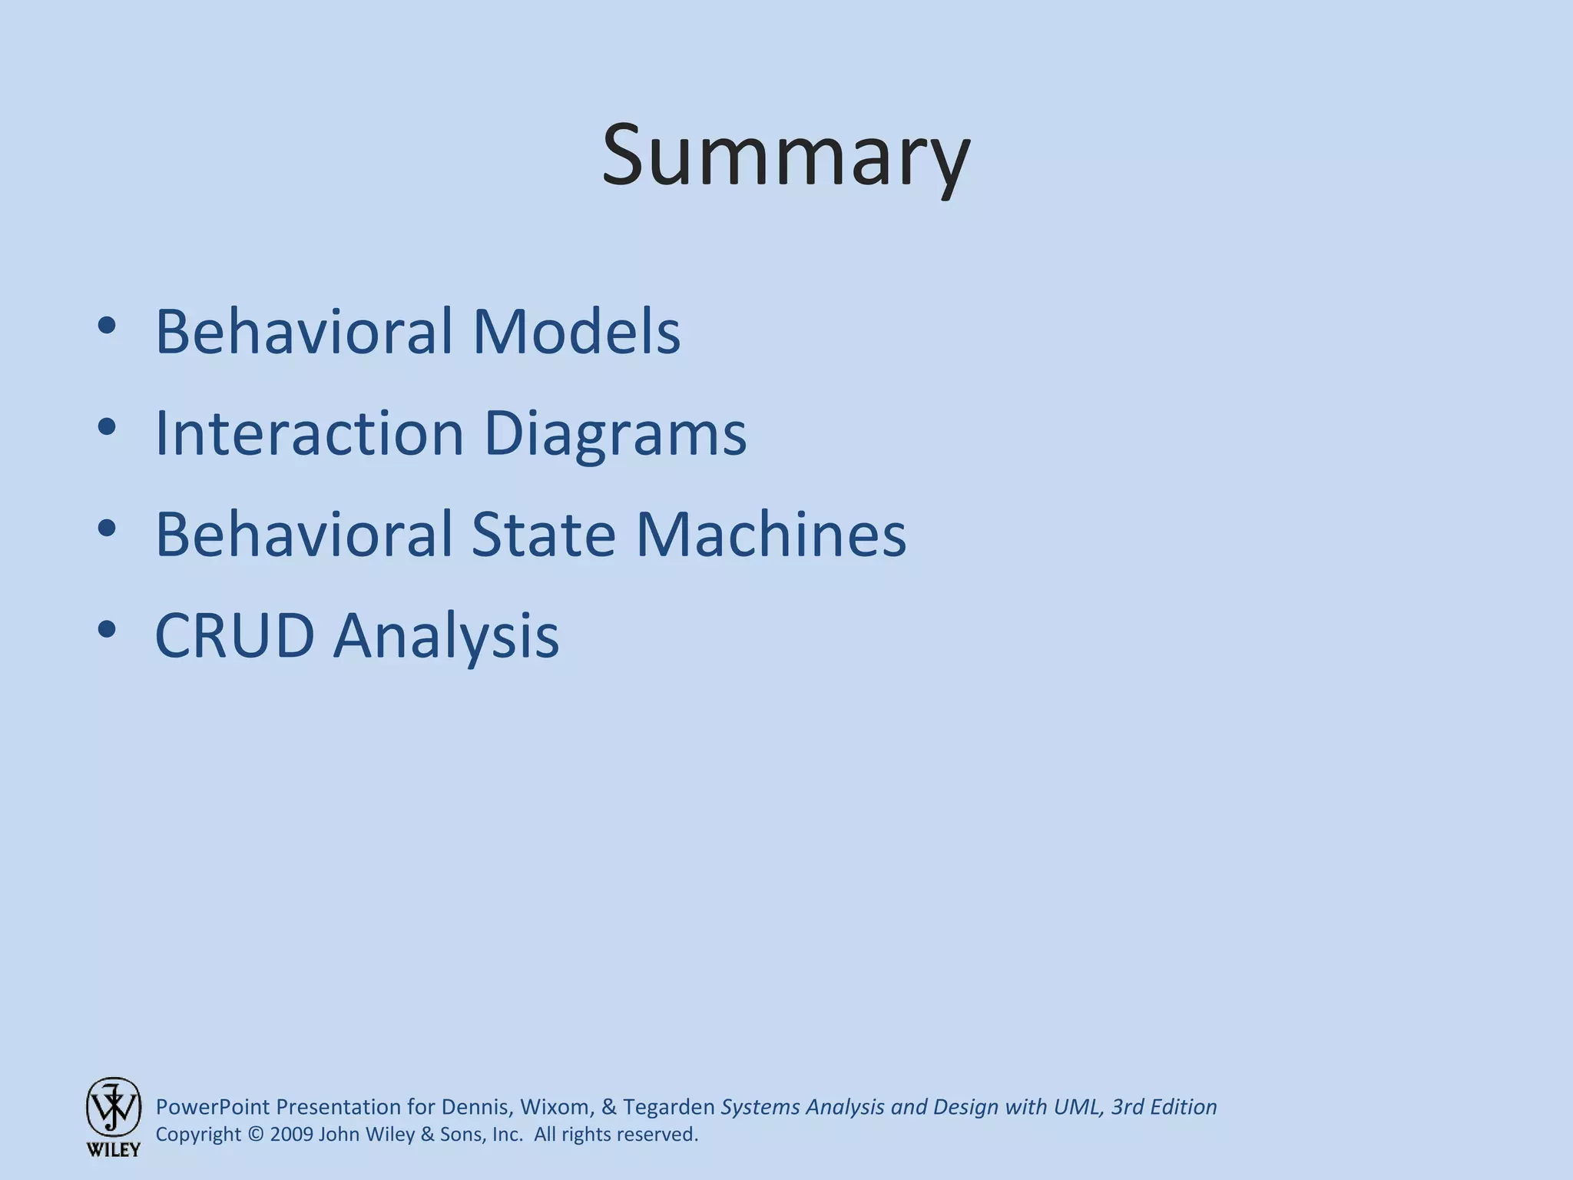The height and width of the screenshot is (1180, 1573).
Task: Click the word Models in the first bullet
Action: tap(576, 332)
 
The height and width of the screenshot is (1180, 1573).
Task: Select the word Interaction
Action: tap(310, 433)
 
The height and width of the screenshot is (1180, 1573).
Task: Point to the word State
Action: tap(543, 535)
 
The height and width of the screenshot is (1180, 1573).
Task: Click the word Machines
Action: tap(770, 535)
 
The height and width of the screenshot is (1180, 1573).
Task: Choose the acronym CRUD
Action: tap(235, 636)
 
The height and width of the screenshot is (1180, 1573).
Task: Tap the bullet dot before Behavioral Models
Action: tap(107, 326)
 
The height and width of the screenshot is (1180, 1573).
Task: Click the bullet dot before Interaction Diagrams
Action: tap(107, 427)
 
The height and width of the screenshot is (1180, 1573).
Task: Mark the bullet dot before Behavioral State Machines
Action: tap(107, 529)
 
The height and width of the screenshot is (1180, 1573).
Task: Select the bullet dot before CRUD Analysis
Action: tap(107, 630)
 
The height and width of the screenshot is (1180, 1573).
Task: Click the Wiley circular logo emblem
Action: tap(113, 1107)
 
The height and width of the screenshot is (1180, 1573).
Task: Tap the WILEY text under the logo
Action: tap(113, 1150)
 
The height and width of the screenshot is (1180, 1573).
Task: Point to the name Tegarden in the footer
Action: tap(668, 1107)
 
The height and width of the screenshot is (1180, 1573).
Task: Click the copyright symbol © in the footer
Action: tap(256, 1135)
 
